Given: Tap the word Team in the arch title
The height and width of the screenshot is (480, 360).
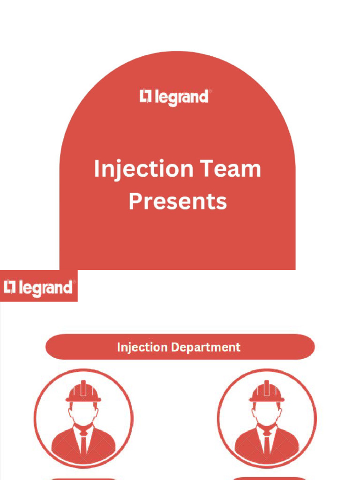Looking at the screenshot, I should [230, 169].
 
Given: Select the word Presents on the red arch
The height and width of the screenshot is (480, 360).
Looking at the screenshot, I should [178, 201].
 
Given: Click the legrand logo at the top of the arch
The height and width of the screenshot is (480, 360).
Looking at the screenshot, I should [175, 97].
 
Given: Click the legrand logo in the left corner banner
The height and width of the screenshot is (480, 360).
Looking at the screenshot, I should [38, 287].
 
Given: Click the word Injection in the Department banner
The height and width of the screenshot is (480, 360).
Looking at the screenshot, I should [142, 347].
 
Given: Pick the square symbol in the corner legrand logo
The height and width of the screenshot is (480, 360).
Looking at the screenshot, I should [10, 286].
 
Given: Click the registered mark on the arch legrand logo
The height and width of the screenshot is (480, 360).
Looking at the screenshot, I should [210, 92].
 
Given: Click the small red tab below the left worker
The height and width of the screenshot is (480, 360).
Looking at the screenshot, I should [83, 478].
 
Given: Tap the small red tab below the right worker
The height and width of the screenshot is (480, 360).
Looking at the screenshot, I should [267, 478].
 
